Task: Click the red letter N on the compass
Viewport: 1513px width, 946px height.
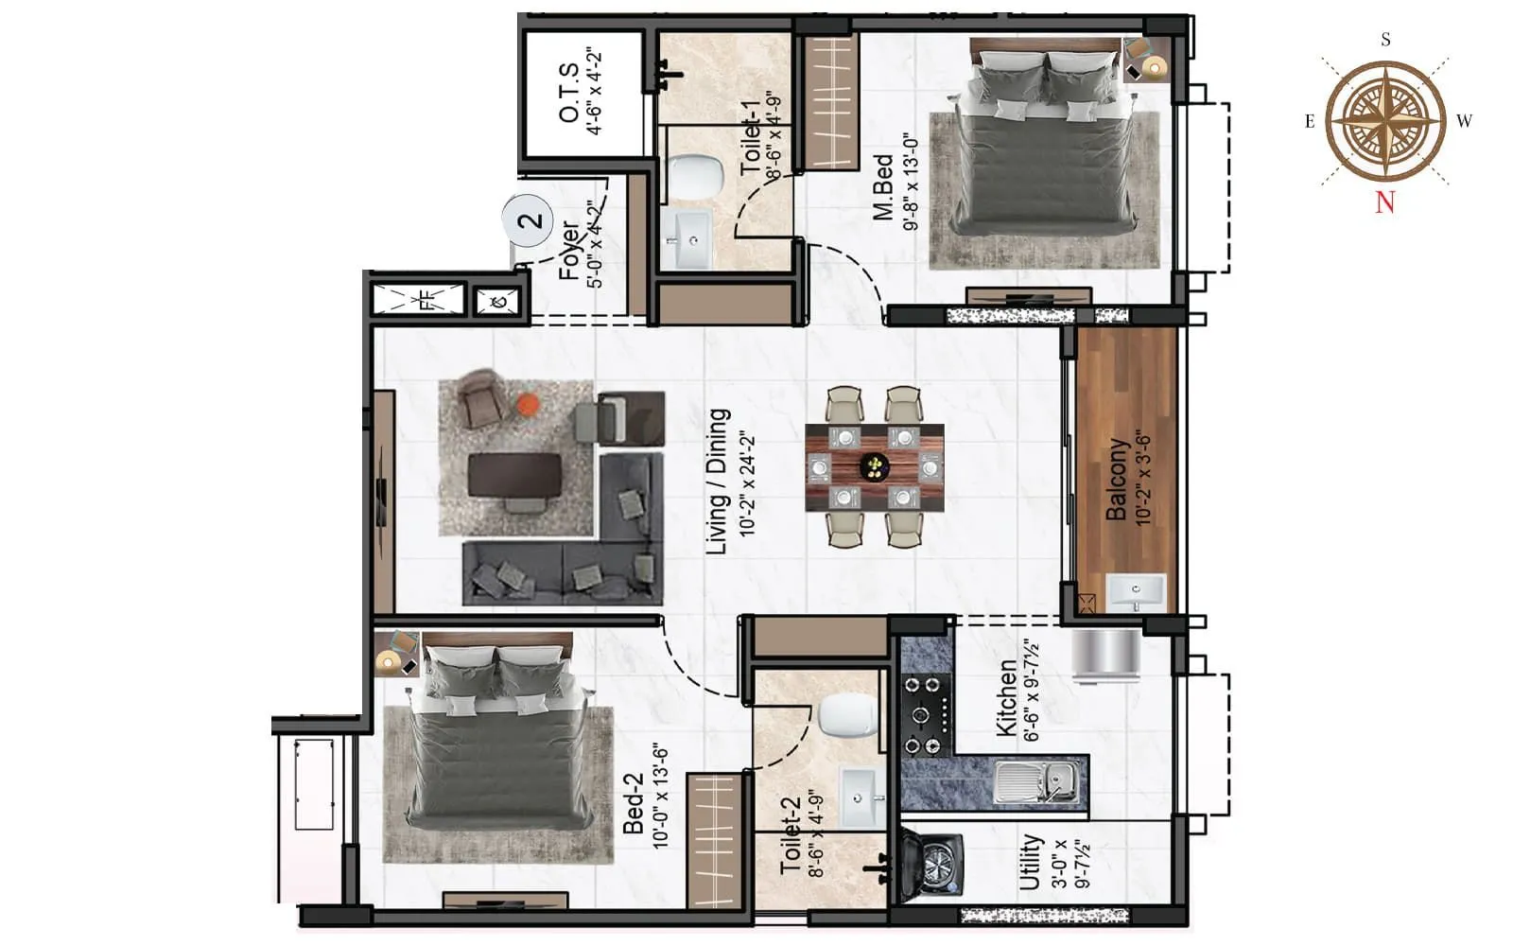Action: coord(1385,201)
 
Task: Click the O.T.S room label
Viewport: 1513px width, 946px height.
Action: coord(569,93)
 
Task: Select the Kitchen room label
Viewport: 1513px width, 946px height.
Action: coord(1007,698)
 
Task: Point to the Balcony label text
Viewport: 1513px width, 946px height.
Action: coord(1117,479)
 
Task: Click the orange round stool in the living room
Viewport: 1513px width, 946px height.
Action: coord(527,405)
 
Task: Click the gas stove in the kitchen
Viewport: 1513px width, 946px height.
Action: coord(925,715)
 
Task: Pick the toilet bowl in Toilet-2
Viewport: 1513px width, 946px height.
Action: coord(848,714)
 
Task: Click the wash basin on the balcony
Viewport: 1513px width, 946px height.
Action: coord(1136,591)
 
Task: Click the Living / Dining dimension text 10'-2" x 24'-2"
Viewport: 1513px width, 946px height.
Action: coord(748,485)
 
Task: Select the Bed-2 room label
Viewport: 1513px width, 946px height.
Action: coord(634,803)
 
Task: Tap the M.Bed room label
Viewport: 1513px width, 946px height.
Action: coord(883,187)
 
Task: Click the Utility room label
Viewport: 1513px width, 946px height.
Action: coord(1030,861)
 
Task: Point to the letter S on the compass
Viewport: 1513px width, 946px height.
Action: coord(1385,40)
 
